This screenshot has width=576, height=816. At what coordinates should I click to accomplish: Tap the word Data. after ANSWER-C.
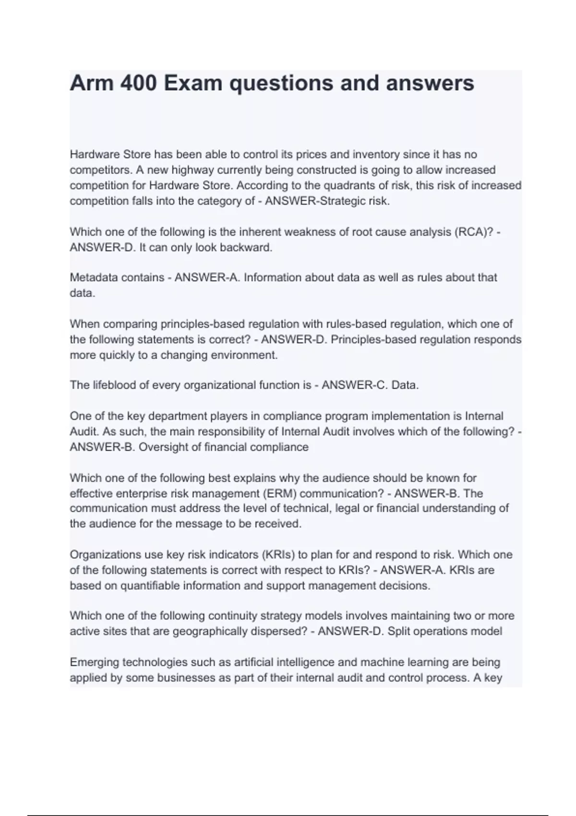405,385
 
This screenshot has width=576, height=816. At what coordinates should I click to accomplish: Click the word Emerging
95,662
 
